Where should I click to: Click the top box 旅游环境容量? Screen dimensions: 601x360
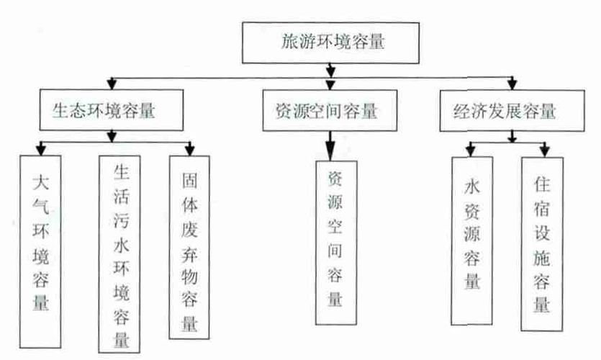[330, 42]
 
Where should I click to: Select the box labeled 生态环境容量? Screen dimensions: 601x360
[112, 110]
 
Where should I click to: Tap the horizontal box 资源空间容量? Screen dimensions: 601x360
[330, 110]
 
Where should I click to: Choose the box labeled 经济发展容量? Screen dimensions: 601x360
[512, 111]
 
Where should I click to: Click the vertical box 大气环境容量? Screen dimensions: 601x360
[40, 251]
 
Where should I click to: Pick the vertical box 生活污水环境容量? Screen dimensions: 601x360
[119, 254]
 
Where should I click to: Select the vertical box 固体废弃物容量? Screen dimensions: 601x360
[189, 247]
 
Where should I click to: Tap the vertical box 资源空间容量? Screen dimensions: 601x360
[336, 243]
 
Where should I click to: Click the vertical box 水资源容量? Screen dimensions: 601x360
[472, 240]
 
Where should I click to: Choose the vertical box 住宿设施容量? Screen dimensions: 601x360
[542, 244]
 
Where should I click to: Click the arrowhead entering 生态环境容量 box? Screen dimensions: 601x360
[112, 84]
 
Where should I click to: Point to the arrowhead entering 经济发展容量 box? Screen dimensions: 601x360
[512, 84]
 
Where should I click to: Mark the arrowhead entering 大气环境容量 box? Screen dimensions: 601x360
[40, 150]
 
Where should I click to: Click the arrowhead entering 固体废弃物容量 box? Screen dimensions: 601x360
[190, 150]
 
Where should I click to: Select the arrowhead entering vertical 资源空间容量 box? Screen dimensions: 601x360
[330, 151]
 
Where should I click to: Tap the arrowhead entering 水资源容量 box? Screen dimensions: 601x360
[471, 151]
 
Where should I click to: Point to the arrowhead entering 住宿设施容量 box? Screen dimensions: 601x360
[545, 151]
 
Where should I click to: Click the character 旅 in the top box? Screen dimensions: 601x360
[290, 42]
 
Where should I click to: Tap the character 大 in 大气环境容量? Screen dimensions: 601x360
[40, 183]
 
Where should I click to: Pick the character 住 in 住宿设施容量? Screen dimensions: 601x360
[542, 184]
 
